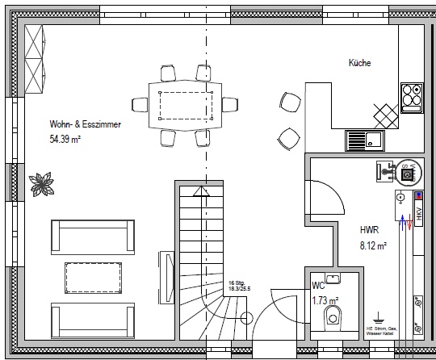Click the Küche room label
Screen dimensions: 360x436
tap(360, 62)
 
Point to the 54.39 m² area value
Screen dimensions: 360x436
tap(65, 139)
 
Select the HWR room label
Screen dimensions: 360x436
tap(369, 230)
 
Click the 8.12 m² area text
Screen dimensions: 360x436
tap(373, 245)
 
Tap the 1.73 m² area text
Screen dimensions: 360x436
tap(325, 301)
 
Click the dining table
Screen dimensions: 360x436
tap(188, 105)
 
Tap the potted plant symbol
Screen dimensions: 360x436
tap(41, 183)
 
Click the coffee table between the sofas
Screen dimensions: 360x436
tap(93, 278)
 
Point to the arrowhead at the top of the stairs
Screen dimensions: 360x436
tap(201, 191)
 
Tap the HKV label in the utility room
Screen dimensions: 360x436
tap(419, 213)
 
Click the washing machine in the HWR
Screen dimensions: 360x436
tap(408, 172)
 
